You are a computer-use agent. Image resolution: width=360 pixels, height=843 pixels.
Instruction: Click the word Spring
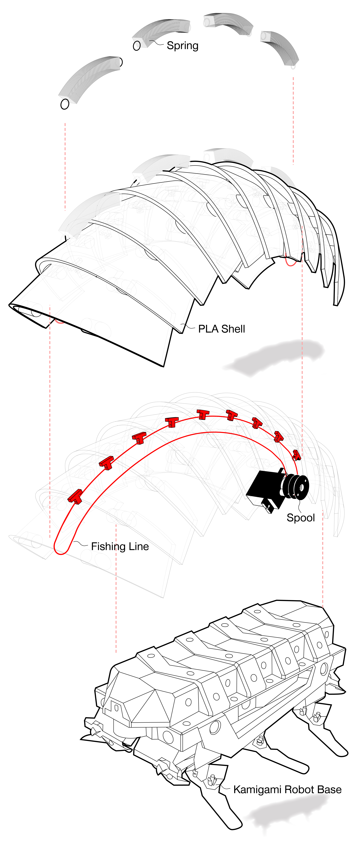pos(182,45)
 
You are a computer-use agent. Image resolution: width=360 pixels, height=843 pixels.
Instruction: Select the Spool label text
pos(300,518)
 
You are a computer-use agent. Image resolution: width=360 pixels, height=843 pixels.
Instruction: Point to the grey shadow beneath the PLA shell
pos(275,357)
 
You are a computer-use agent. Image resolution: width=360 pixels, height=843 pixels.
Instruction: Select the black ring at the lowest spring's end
pos(65,104)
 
